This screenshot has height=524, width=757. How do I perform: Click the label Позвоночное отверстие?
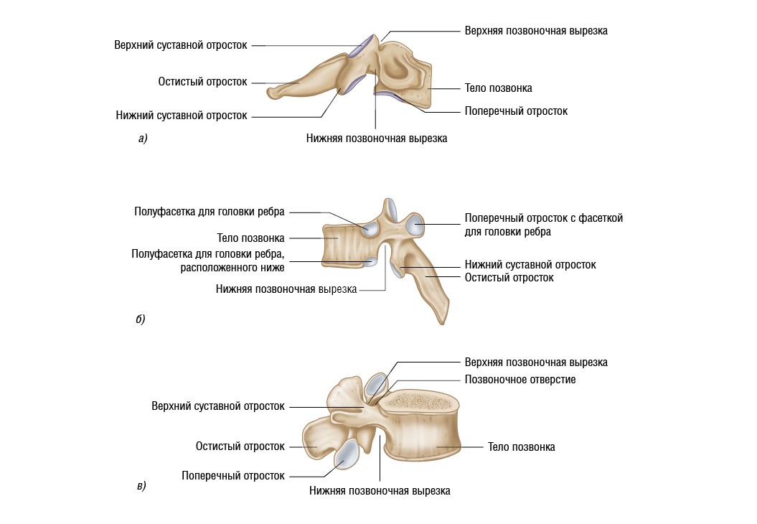(x=520, y=379)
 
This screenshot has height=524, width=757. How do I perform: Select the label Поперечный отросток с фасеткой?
(x=543, y=217)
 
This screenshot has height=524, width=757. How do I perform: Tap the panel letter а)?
(x=143, y=139)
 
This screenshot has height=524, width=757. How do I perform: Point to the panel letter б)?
(x=141, y=319)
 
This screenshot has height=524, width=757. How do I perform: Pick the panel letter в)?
(x=141, y=486)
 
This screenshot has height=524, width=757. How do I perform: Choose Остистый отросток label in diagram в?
(x=240, y=446)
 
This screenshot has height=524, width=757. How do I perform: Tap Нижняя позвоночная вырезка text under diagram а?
(x=376, y=139)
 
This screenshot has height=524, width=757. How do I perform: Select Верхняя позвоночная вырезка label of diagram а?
(x=535, y=31)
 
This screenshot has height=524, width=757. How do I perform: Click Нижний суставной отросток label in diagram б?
(x=530, y=265)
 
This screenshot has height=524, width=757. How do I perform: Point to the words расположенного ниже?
(x=233, y=268)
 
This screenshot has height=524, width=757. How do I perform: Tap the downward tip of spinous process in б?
(x=440, y=320)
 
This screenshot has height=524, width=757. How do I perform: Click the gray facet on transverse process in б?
(x=415, y=226)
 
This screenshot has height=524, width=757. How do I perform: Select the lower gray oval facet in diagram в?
(x=347, y=456)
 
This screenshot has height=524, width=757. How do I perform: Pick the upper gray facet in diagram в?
(x=374, y=385)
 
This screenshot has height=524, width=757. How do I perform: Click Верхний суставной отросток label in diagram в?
(x=217, y=406)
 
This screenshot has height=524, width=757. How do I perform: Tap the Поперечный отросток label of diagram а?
(x=515, y=111)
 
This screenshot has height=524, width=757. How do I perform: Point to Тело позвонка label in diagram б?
(x=250, y=238)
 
